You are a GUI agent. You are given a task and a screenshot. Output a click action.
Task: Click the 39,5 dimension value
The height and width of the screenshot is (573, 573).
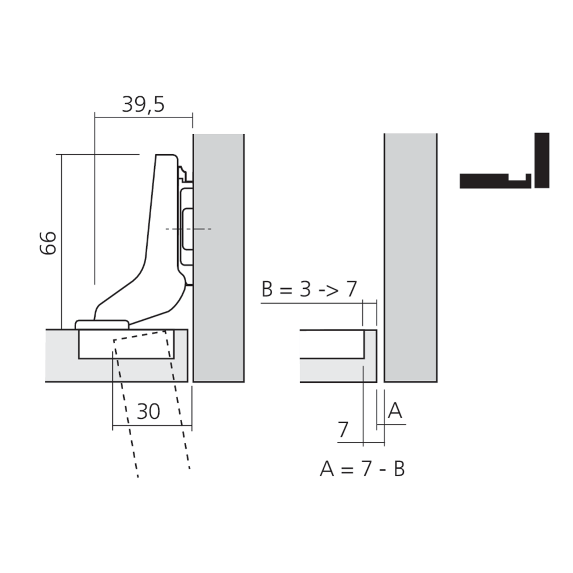click(143, 105)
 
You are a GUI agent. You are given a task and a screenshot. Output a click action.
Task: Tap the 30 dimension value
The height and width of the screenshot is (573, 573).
click(148, 412)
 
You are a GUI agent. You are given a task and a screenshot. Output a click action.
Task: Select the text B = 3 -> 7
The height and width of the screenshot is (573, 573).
click(309, 289)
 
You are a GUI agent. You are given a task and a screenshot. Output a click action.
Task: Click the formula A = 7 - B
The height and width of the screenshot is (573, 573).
click(362, 469)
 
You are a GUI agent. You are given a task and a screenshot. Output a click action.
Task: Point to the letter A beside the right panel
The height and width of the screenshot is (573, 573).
click(395, 410)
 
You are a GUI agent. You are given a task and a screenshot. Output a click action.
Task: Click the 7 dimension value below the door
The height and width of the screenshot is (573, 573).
click(343, 430)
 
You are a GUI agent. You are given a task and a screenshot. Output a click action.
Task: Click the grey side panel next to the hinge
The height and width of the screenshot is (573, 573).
click(219, 258)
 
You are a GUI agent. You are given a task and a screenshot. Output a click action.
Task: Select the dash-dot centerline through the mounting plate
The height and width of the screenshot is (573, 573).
click(201, 229)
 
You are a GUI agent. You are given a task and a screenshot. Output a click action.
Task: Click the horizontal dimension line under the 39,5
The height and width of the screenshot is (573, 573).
click(143, 117)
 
